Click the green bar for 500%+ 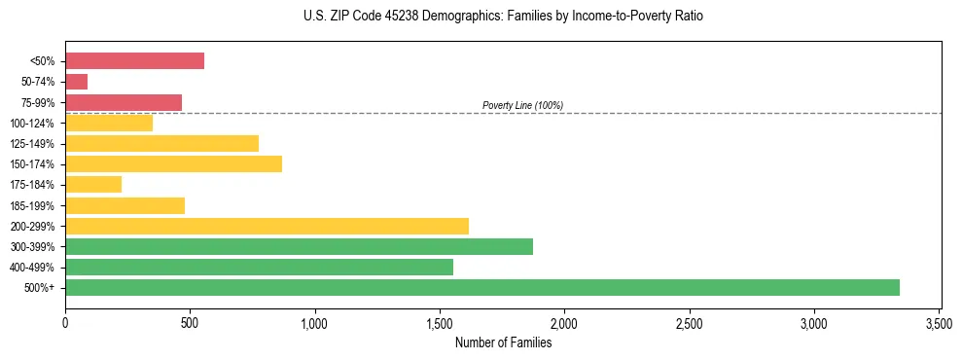pyautogui.click(x=482, y=287)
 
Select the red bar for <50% pyautogui.click(x=134, y=61)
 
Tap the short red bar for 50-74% pyautogui.click(x=76, y=82)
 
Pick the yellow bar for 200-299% pyautogui.click(x=267, y=226)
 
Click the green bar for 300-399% pyautogui.click(x=299, y=246)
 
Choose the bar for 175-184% pyautogui.click(x=93, y=185)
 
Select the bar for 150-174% pyautogui.click(x=173, y=163)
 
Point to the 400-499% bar pyautogui.click(x=259, y=267)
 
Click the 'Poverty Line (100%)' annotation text pyautogui.click(x=522, y=105)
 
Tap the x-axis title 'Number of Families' pyautogui.click(x=503, y=342)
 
